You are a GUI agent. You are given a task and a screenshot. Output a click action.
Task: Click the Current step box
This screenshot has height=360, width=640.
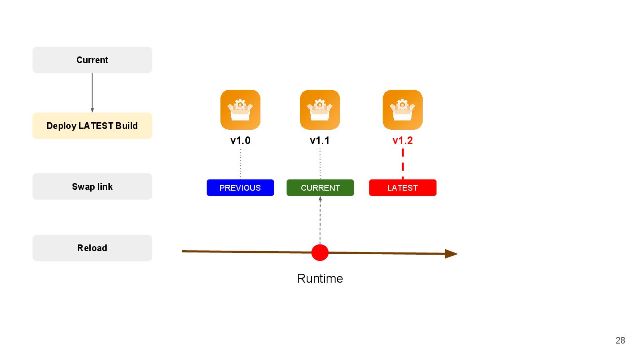pos(92,60)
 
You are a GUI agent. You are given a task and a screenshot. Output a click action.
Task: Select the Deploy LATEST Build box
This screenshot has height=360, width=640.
pos(92,126)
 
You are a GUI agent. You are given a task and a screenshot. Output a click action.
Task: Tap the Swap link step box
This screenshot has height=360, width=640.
pos(92,187)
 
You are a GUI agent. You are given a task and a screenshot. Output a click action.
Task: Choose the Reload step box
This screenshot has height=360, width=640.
pos(92,248)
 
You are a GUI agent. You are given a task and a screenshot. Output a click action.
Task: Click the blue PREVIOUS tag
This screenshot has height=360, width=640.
pos(240,188)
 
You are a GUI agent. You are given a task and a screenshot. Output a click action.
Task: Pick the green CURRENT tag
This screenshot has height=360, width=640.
pos(320,188)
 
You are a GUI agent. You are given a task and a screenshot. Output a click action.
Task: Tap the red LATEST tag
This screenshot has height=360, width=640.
pos(403,188)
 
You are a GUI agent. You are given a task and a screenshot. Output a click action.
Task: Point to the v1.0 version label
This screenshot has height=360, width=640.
pos(240,141)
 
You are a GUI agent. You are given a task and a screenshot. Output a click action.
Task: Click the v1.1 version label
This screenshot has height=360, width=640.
pos(320,141)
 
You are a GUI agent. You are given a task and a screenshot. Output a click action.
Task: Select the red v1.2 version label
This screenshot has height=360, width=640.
pos(403,141)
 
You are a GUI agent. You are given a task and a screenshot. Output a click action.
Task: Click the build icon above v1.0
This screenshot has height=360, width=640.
pos(240,110)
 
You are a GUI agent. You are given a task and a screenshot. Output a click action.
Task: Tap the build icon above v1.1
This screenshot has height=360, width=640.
pos(320,110)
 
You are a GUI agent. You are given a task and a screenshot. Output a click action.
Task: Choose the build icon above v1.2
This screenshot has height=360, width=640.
pos(403,110)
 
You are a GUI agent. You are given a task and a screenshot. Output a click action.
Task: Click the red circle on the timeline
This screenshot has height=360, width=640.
pos(320,252)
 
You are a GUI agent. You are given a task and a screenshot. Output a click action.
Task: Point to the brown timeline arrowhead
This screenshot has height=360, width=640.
pos(451,254)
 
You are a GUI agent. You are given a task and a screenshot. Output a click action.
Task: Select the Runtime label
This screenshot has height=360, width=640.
pos(320,279)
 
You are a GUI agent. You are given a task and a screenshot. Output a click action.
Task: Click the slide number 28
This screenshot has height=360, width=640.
pos(620,340)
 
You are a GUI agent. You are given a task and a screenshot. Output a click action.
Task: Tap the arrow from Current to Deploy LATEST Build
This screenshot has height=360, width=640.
pos(92,92)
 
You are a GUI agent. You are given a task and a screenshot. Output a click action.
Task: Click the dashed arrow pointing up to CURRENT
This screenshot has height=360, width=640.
pos(320,220)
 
